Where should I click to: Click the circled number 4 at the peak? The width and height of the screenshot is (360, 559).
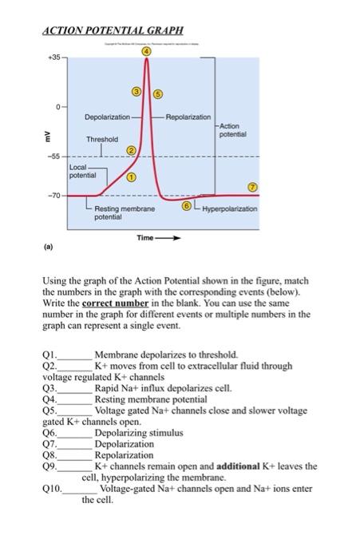146,52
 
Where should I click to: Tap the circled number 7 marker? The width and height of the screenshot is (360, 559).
253,185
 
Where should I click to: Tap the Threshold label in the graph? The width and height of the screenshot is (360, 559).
104,138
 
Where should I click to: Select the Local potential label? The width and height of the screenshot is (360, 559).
83,171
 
